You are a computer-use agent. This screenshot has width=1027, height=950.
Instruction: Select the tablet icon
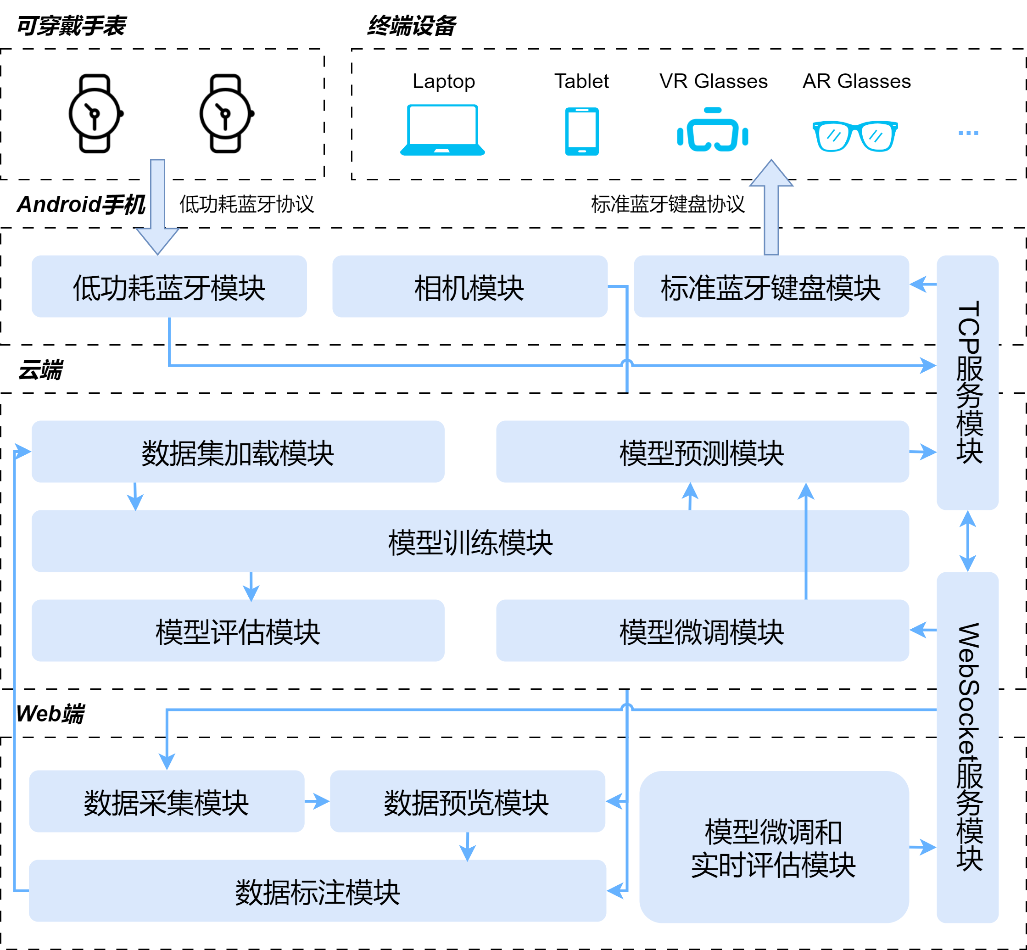point(581,132)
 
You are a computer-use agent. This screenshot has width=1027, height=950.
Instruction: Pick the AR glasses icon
point(855,136)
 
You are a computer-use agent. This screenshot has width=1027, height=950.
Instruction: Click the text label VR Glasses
point(714,81)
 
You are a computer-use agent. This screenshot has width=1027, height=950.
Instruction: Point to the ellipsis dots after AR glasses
point(968,133)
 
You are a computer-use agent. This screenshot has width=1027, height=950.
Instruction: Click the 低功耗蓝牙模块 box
point(169,287)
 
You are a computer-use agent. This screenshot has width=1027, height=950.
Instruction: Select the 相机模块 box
point(469,287)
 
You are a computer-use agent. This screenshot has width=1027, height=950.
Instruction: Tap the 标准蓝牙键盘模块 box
point(771,287)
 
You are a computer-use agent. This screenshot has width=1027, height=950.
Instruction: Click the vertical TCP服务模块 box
point(967,382)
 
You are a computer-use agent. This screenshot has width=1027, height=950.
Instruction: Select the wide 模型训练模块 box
point(470,541)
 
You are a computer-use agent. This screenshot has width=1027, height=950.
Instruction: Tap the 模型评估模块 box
point(237,631)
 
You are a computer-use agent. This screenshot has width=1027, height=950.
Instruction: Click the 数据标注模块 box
point(317,891)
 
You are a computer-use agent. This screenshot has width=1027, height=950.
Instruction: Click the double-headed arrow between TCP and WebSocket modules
point(967,541)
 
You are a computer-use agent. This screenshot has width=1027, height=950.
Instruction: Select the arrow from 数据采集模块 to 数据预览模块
point(317,801)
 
